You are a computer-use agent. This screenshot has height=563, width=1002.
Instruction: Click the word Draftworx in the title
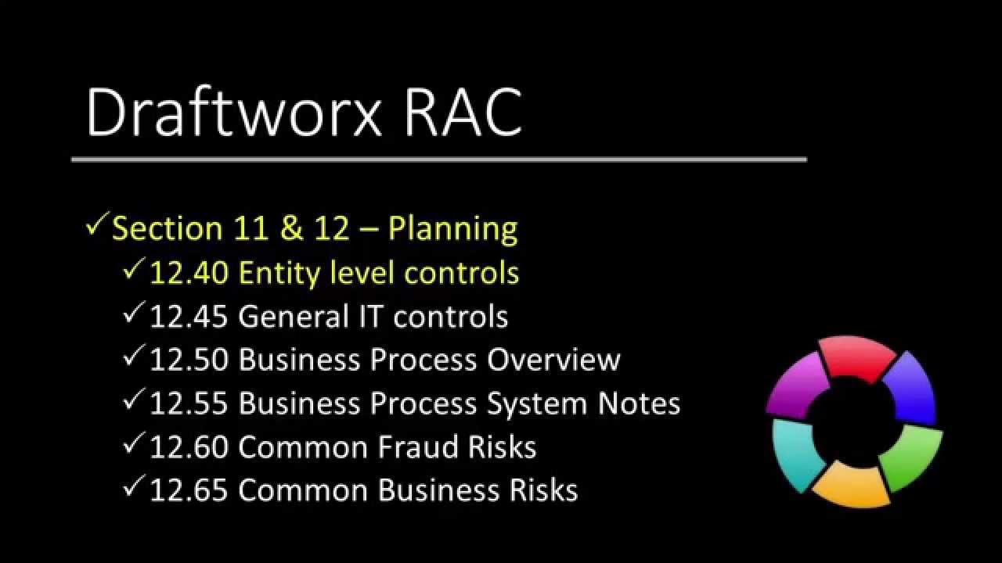click(232, 114)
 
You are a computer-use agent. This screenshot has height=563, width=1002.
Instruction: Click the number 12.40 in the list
click(189, 273)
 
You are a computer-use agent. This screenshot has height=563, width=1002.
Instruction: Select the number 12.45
click(189, 317)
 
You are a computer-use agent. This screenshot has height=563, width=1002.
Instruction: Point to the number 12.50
click(189, 360)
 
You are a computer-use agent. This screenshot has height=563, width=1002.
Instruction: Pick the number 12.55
click(189, 403)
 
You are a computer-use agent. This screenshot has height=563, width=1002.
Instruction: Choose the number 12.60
click(189, 447)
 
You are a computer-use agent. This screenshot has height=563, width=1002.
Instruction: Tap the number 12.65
click(189, 490)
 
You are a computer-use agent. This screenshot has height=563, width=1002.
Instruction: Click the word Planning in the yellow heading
click(453, 229)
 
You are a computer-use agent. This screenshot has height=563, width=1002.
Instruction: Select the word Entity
click(279, 273)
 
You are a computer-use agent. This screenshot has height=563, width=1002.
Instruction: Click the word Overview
click(553, 360)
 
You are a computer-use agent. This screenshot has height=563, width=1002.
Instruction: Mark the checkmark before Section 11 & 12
click(96, 227)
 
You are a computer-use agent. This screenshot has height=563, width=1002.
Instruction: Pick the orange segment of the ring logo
click(851, 484)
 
